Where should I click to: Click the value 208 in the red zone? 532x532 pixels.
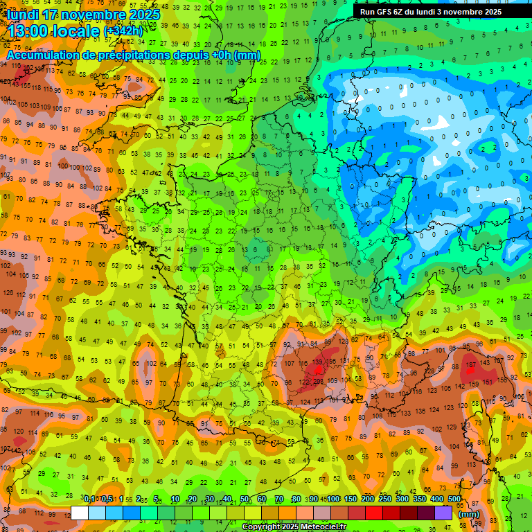click(x=318, y=382)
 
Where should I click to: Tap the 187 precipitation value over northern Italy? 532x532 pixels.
click(x=472, y=365)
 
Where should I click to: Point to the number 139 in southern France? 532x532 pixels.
click(x=318, y=362)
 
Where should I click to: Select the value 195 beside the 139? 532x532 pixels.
click(x=332, y=362)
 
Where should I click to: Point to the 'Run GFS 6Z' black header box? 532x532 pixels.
click(x=441, y=12)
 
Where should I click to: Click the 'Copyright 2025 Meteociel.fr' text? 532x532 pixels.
click(x=293, y=527)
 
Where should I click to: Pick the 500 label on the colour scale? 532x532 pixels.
click(x=454, y=499)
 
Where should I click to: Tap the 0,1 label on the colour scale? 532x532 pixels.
click(x=89, y=499)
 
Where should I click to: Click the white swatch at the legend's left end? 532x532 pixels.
click(x=80, y=513)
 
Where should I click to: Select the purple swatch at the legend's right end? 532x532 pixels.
click(x=444, y=513)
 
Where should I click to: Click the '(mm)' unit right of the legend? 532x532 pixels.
click(x=469, y=514)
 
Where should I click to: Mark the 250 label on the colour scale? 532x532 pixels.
click(x=384, y=499)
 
